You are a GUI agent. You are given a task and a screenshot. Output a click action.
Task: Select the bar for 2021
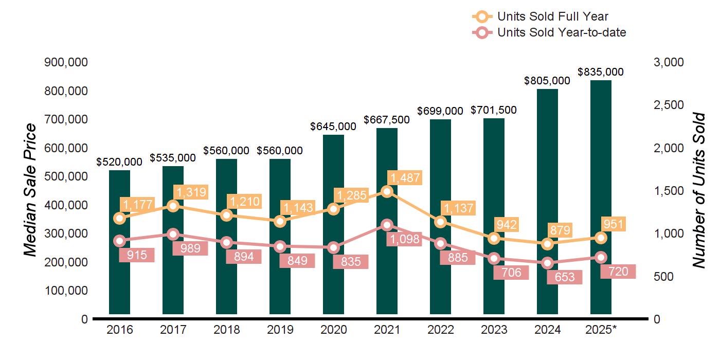pyautogui.click(x=387, y=278)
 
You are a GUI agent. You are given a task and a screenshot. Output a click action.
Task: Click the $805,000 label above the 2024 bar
pyautogui.click(x=547, y=81)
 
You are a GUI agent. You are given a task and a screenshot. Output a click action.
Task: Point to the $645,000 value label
pyautogui.click(x=333, y=126)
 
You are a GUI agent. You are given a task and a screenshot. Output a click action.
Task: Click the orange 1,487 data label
pyautogui.click(x=405, y=178)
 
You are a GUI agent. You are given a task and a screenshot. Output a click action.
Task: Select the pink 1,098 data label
pyautogui.click(x=404, y=239)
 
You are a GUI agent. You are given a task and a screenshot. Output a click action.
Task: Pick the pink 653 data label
pyautogui.click(x=564, y=277)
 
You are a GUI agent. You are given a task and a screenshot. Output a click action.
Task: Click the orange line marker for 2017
pyautogui.click(x=173, y=206)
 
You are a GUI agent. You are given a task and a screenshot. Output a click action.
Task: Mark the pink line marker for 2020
pyautogui.click(x=334, y=247)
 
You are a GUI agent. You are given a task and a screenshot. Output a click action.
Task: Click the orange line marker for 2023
pyautogui.click(x=494, y=238)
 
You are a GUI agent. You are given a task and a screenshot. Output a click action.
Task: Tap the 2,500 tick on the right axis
pyautogui.click(x=669, y=105)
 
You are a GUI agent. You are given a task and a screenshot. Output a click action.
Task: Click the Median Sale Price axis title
pyautogui.click(x=30, y=190)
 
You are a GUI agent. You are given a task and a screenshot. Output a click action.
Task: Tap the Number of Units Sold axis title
pyautogui.click(x=698, y=190)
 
